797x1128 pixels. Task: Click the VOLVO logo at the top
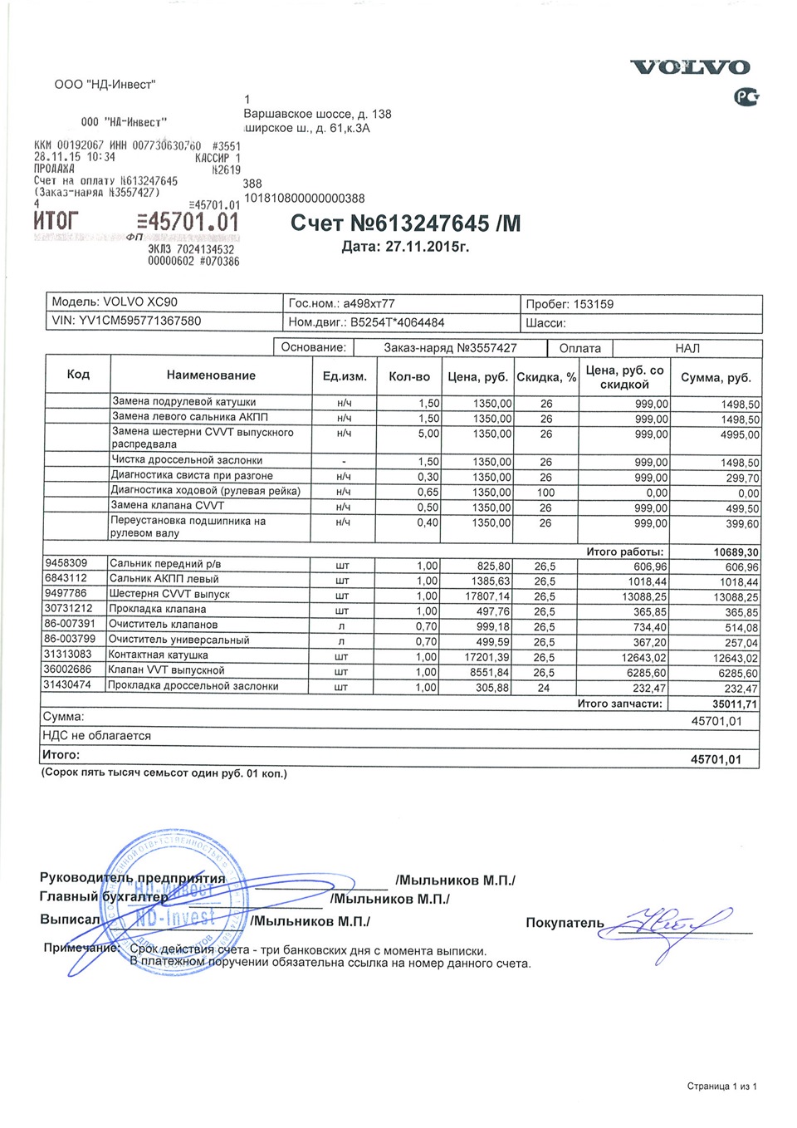point(690,67)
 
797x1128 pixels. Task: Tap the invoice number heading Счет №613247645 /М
point(405,223)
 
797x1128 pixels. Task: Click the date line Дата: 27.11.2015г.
point(405,247)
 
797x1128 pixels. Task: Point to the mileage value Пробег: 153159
point(570,304)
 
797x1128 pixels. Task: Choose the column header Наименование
point(211,375)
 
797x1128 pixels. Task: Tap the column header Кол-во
point(409,376)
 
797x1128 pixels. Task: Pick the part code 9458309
point(66,563)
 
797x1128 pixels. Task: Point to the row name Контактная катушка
point(159,655)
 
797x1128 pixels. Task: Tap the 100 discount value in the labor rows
point(545,493)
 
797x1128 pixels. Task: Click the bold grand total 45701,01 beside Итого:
point(716,759)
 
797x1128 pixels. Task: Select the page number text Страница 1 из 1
point(721,1086)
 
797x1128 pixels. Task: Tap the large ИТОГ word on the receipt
point(56,221)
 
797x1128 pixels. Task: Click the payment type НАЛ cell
point(687,348)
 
